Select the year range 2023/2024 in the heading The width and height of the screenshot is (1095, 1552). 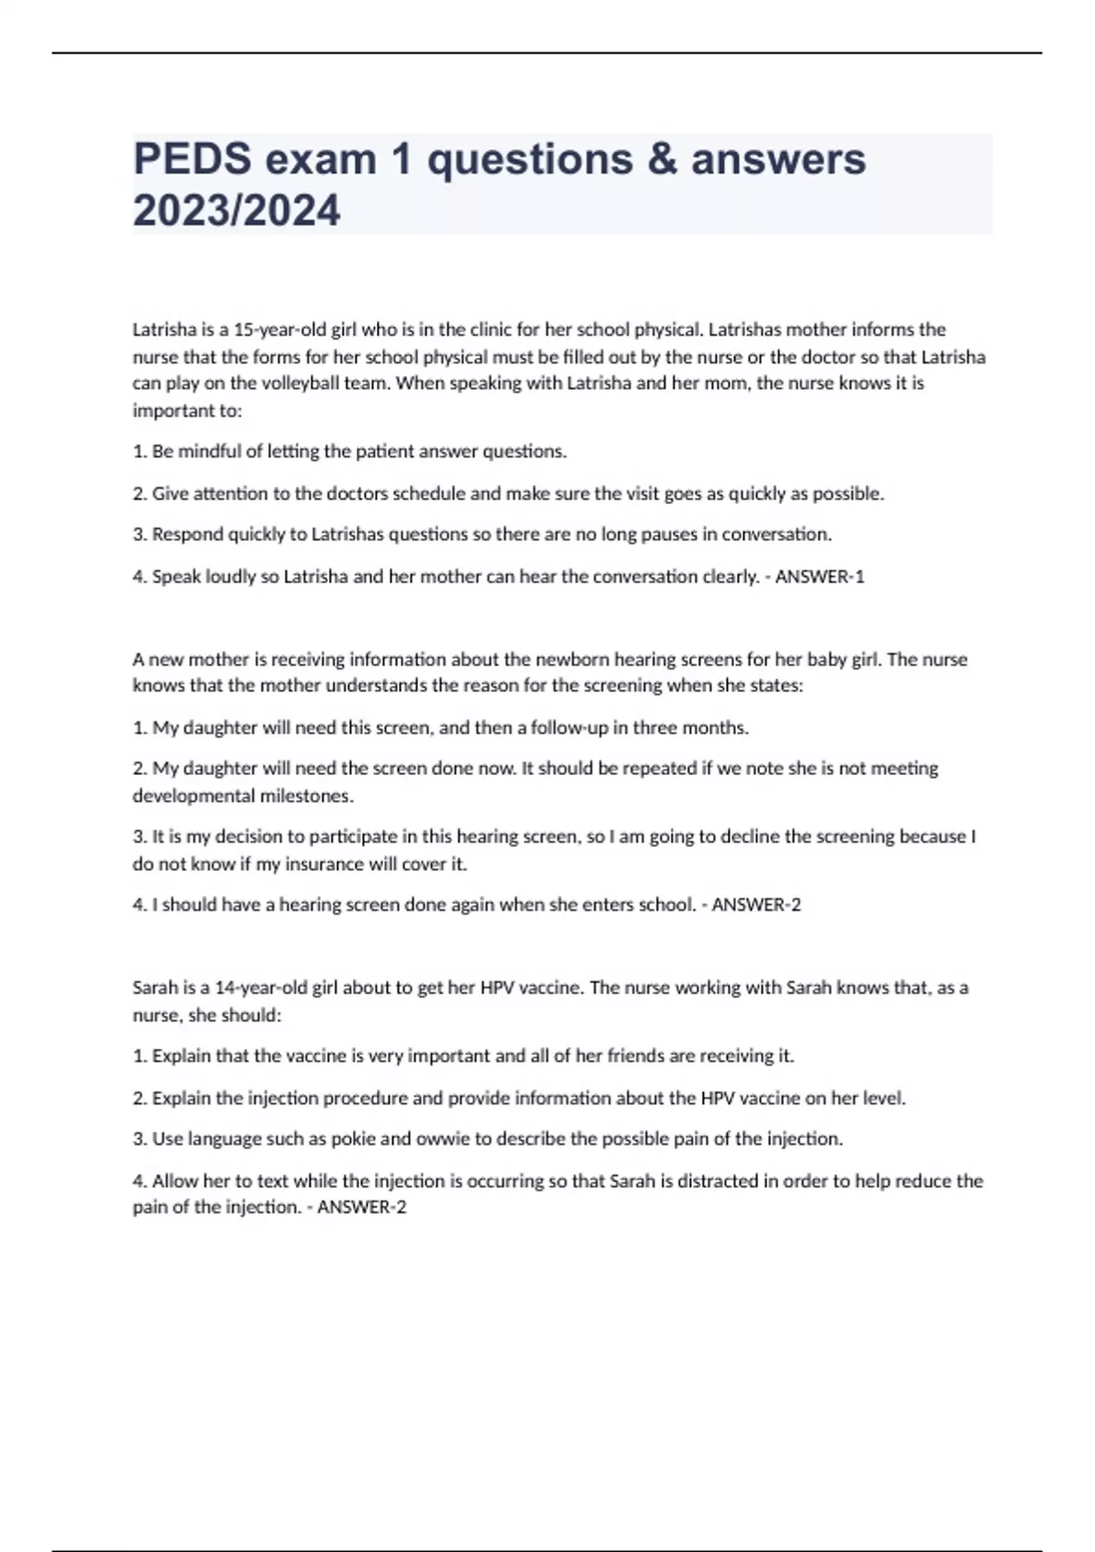click(x=236, y=211)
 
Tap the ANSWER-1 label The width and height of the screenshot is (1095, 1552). click(x=819, y=577)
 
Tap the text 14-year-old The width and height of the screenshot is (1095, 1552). click(x=261, y=988)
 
